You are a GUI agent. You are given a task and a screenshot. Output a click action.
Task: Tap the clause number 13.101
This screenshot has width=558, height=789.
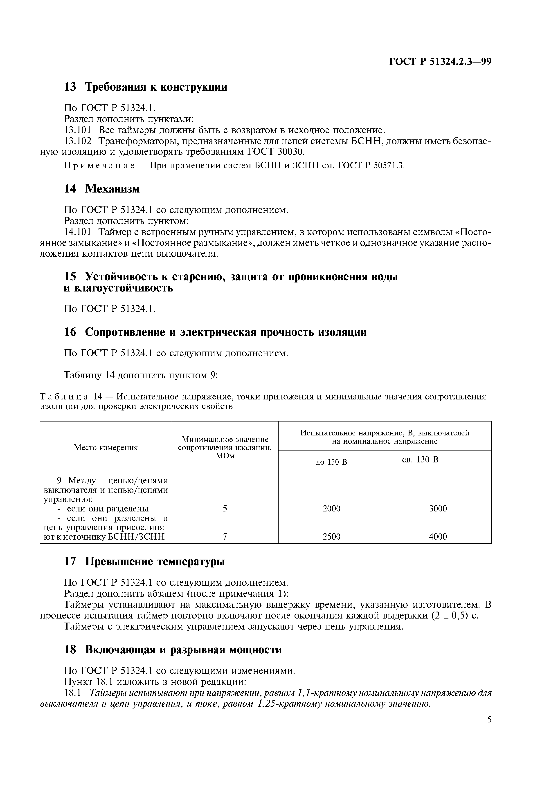78,130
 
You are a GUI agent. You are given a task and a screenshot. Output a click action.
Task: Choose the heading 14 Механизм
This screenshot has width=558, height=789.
102,189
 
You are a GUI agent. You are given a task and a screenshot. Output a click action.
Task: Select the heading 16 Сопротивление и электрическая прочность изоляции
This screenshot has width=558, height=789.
215,332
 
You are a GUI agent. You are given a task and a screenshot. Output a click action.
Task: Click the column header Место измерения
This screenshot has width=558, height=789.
106,447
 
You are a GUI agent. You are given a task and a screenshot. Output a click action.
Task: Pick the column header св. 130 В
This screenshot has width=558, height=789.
420,460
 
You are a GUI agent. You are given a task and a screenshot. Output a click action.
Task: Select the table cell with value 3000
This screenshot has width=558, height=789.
438,509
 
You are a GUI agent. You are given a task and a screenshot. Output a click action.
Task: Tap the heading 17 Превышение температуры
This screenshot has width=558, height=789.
144,562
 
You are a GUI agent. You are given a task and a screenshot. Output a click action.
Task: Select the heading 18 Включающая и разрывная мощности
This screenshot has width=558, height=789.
173,650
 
